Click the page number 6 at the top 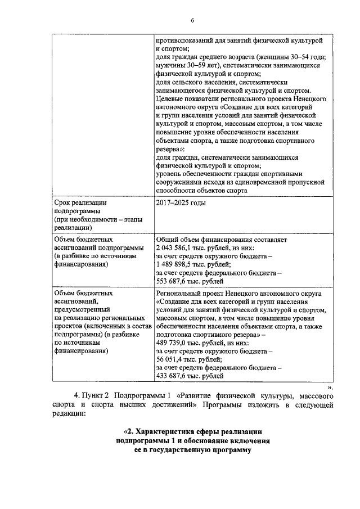192,20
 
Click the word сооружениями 181,183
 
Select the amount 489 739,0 174,343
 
